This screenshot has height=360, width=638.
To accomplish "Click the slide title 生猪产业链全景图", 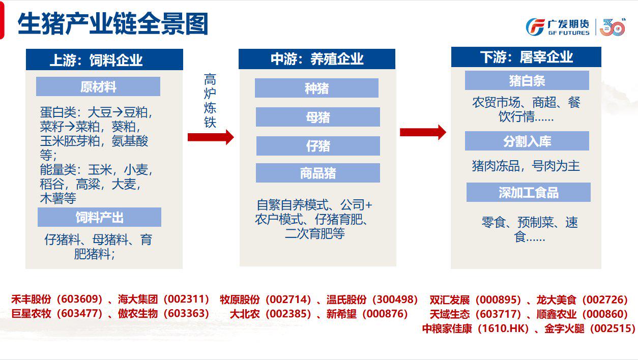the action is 113,24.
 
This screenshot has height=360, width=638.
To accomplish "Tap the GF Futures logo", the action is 558,27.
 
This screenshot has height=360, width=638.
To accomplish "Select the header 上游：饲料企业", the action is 104,59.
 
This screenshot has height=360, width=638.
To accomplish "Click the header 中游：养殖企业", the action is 317,59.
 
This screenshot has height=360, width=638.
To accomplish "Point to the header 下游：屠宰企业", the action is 526,57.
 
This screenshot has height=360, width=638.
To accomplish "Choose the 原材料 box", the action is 98,86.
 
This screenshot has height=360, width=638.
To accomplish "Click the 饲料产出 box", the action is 99,217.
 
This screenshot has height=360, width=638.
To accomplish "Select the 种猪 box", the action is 316,88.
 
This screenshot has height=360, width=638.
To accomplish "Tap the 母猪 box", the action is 317,117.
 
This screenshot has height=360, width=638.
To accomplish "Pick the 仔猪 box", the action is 318,146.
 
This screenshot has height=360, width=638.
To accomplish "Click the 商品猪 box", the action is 317,173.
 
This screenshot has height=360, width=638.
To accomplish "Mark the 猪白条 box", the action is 527,80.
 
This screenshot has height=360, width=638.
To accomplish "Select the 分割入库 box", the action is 527,141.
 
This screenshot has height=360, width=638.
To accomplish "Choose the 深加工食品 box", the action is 528,192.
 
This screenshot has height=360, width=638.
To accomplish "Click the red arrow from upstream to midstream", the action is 211,137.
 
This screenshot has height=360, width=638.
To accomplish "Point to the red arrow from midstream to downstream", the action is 423,132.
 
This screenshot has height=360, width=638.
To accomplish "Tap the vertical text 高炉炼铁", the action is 210,101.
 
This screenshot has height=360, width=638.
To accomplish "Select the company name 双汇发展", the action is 449,300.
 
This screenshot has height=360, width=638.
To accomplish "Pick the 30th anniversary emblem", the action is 613,27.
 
